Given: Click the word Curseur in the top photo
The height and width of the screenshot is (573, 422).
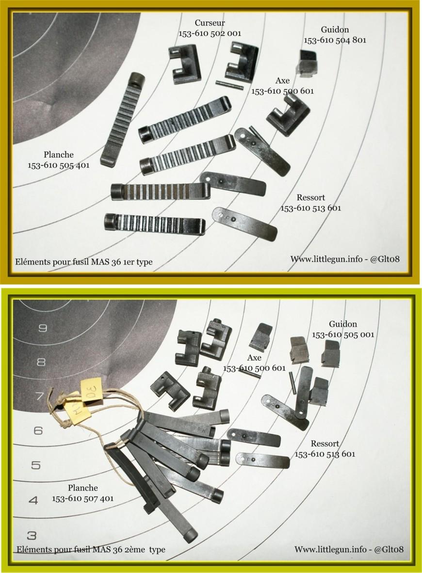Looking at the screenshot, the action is [210, 23].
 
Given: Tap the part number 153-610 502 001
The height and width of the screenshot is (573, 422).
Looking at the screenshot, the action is [210, 33].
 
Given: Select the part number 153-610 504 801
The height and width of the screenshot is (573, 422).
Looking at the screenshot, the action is [335, 40].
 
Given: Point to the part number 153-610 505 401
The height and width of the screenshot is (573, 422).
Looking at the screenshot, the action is [59, 165].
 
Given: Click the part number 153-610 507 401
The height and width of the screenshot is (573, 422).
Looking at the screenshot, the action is [82, 498].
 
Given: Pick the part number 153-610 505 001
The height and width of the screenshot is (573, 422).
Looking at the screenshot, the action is [342, 334].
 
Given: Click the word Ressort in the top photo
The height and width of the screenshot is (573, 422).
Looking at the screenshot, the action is [310, 198].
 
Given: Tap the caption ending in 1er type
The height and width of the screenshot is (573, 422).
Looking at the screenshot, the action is [84, 262].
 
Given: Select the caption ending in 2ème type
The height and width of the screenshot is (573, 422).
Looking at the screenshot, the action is [91, 549].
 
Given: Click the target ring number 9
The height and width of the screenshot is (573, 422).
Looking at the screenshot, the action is [43, 328].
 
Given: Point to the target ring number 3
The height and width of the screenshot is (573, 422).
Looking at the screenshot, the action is [32, 535].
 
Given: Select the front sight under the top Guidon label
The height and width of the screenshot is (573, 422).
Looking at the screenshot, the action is [308, 63].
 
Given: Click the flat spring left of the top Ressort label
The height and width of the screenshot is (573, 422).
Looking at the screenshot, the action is [244, 223].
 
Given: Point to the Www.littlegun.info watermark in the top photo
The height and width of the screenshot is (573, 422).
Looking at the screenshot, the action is [345, 259].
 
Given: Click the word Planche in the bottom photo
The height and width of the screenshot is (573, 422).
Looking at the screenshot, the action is [82, 488].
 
